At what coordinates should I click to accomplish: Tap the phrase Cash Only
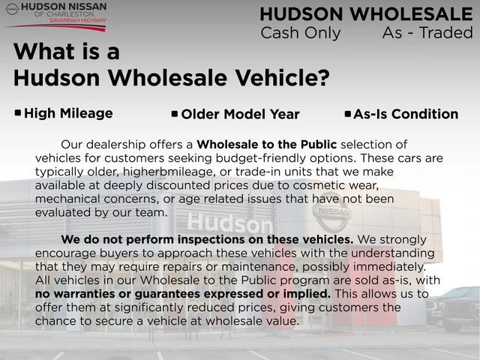click(x=300, y=32)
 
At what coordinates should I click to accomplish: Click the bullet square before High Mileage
click(x=18, y=113)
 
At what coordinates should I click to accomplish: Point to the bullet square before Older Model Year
click(x=175, y=114)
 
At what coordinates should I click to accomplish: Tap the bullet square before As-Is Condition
click(x=347, y=114)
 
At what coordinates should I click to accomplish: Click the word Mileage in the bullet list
click(x=88, y=113)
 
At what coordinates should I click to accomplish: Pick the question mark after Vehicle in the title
click(x=323, y=77)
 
